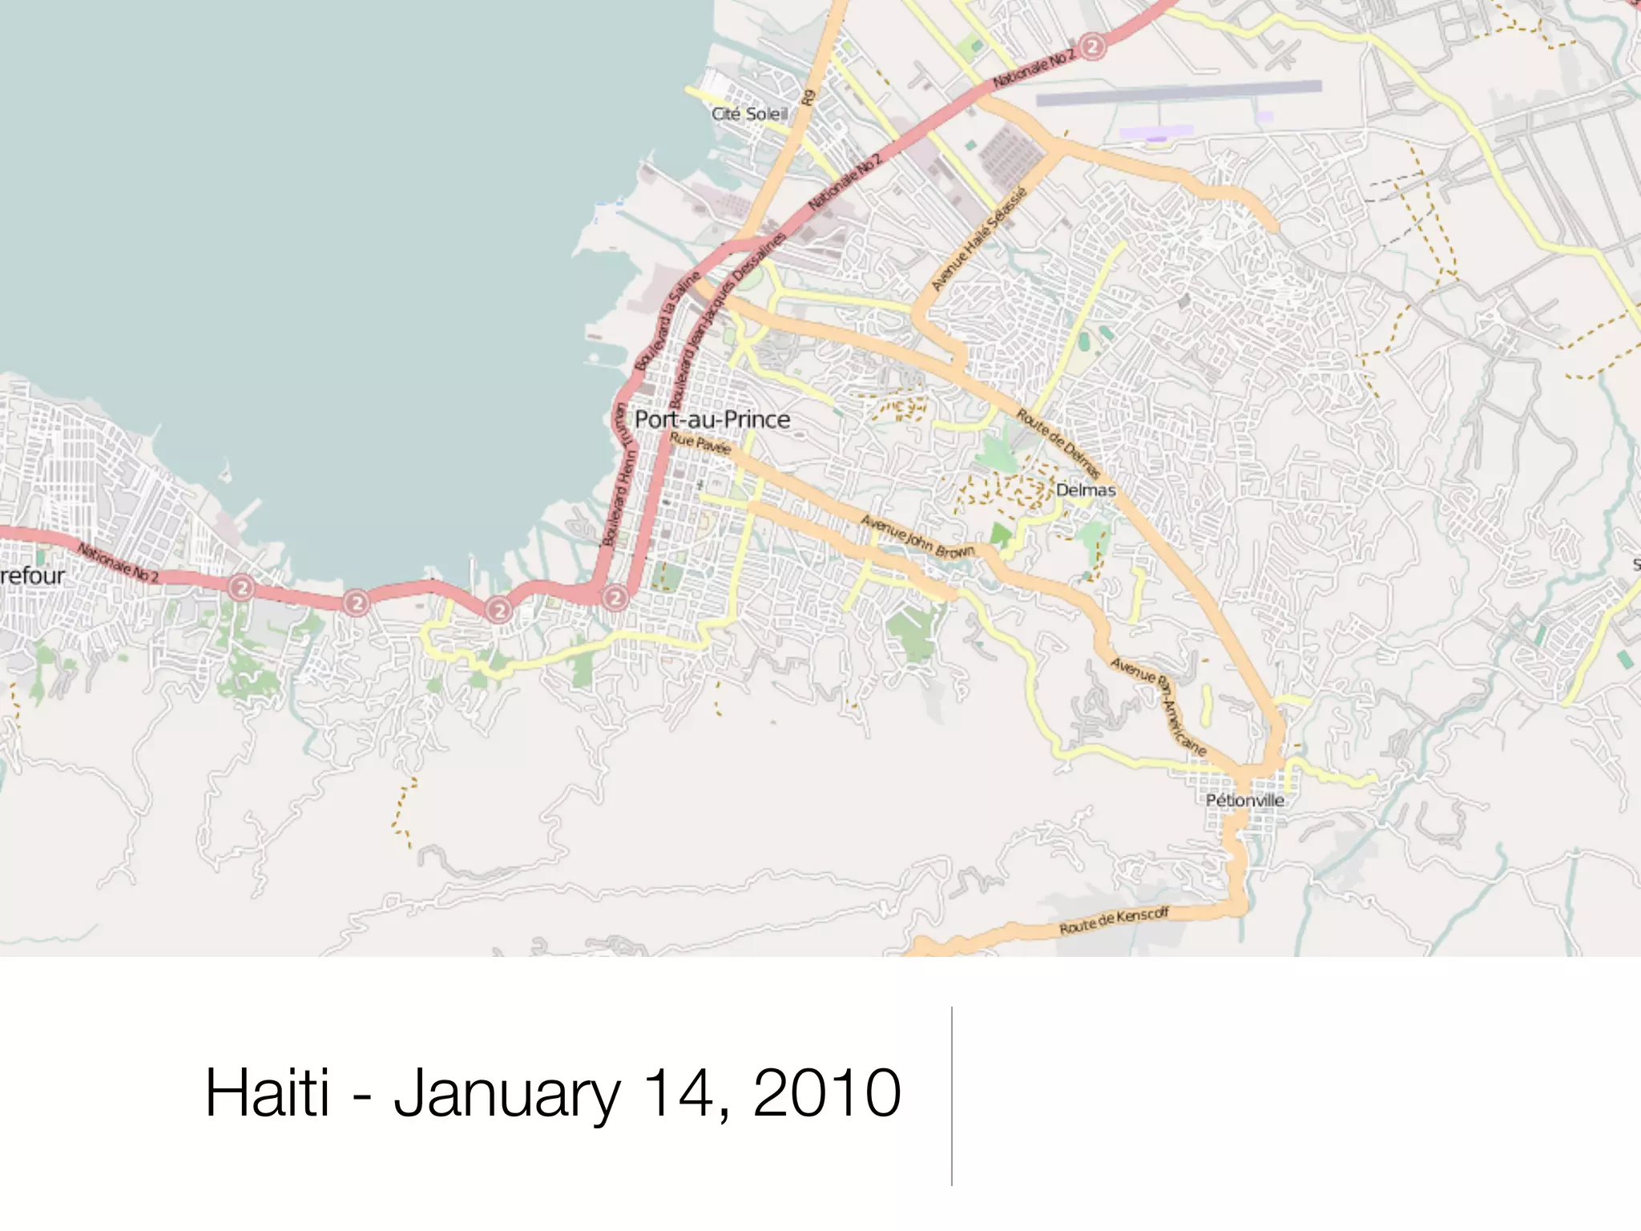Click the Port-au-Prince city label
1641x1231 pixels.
click(x=712, y=419)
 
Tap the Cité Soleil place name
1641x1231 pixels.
click(x=749, y=114)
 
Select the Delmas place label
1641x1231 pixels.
click(x=1085, y=490)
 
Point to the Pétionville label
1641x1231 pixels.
click(x=1244, y=800)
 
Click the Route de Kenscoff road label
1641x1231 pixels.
click(x=1114, y=921)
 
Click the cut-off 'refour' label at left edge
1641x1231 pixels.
click(x=32, y=575)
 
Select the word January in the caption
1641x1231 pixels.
click(x=506, y=1094)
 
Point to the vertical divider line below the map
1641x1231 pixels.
click(x=952, y=1096)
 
